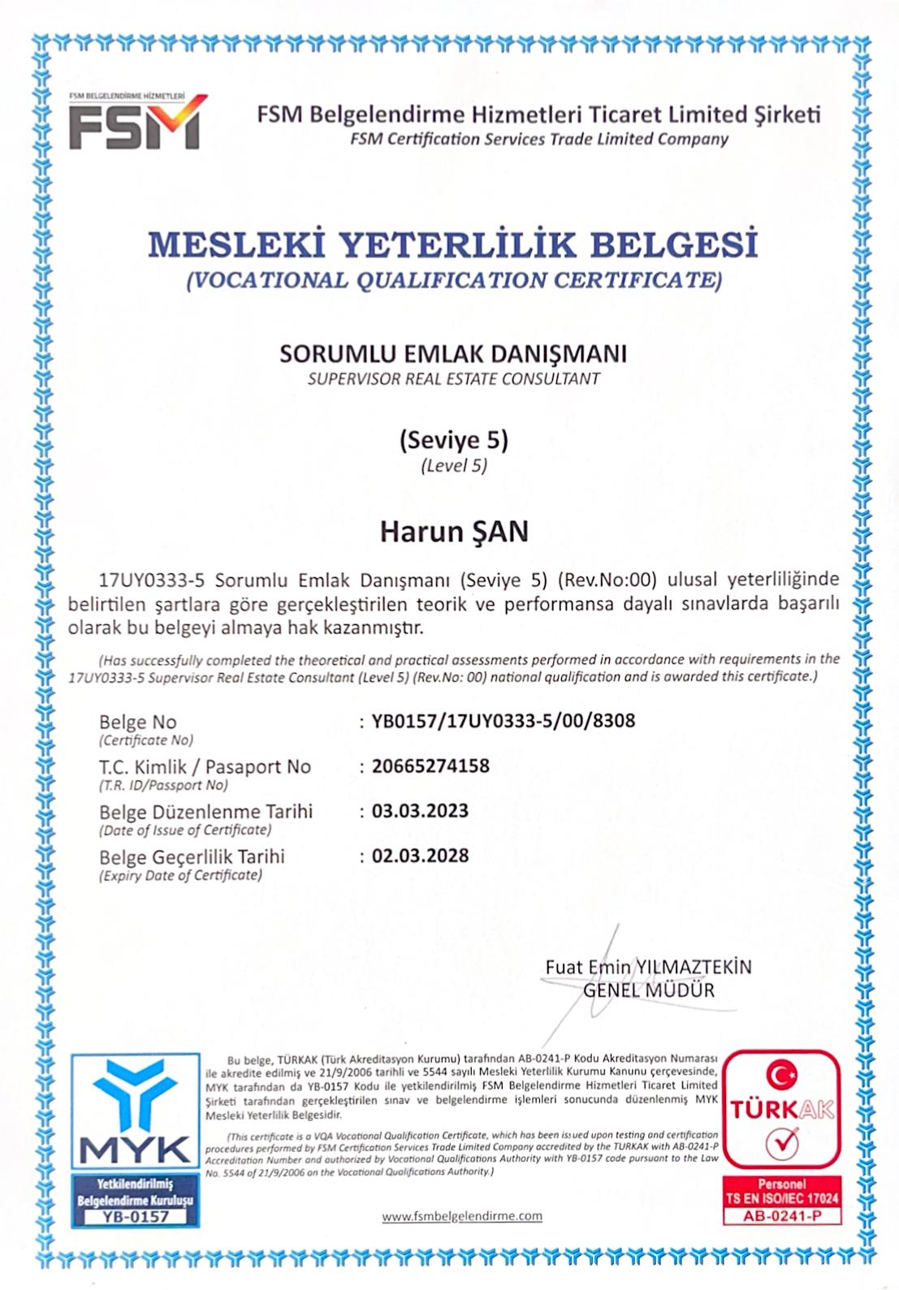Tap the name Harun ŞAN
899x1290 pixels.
454,532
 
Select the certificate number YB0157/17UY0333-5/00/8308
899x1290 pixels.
504,721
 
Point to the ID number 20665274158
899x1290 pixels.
430,766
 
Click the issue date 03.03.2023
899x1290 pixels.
420,811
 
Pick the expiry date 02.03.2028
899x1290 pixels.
420,856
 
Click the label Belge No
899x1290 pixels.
137,722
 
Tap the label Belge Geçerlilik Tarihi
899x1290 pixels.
192,856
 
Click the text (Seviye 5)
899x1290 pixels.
453,440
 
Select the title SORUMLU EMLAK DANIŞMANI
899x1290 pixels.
453,354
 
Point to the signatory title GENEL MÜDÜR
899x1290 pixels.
649,990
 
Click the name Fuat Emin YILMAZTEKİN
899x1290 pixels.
648,967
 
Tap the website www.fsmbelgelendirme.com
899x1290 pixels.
461,1215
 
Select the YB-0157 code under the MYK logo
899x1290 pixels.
136,1216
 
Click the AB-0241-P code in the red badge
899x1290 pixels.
781,1216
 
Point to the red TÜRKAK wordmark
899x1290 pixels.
781,1110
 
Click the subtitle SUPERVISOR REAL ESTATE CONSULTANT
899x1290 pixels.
453,379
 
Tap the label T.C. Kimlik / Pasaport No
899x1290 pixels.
205,766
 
